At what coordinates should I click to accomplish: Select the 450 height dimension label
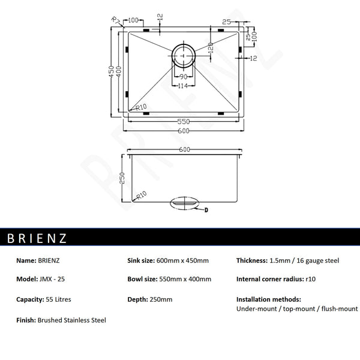click(112, 72)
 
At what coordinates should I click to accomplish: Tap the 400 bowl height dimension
click(119, 73)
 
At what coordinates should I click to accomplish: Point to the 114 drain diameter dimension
click(183, 86)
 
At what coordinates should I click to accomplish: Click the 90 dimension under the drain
click(183, 77)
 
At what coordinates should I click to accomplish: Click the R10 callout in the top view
click(142, 108)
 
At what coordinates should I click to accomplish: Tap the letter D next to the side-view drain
click(207, 210)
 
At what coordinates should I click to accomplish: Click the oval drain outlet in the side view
click(185, 203)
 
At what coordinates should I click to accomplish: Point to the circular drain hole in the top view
click(184, 56)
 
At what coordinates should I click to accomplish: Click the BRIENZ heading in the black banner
click(37, 238)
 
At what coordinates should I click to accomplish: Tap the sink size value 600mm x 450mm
click(182, 260)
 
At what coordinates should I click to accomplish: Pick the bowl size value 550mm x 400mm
click(185, 280)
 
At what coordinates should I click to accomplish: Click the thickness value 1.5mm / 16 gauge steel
click(305, 260)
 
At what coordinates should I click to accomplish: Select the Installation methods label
click(268, 299)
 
